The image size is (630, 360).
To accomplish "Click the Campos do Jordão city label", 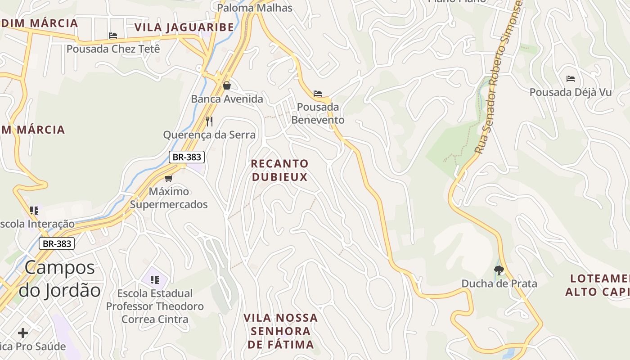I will tap(60, 279).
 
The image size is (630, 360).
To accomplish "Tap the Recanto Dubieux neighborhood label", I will tap(279, 170).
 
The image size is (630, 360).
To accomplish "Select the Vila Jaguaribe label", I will tap(184, 27).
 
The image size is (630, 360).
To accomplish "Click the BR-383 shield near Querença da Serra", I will tap(187, 157).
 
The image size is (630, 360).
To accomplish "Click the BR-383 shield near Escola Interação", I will tap(56, 243).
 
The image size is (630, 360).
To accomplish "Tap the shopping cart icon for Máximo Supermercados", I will tap(169, 179).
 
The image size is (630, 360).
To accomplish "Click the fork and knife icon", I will tap(209, 121).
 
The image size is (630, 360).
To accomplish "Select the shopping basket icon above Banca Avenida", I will tap(227, 85).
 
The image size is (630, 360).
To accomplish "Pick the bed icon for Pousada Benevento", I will tap(318, 94).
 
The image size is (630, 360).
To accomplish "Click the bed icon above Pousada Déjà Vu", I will tap(571, 79).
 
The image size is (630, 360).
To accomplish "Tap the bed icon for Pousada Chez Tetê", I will tap(113, 36).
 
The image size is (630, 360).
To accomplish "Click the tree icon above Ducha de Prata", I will tap(499, 270).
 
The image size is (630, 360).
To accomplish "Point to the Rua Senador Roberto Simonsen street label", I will tap(499, 76).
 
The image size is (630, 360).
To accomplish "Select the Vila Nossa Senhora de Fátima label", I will tap(281, 331).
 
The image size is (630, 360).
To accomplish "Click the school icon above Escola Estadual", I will tap(155, 280).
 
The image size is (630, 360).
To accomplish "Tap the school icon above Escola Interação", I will tap(34, 210).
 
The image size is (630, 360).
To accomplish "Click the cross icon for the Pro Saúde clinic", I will tap(23, 333).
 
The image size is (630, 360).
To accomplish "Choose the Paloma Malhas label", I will tap(255, 8).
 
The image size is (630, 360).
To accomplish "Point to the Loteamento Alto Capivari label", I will tap(597, 285).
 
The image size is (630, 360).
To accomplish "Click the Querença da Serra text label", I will tap(209, 135).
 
